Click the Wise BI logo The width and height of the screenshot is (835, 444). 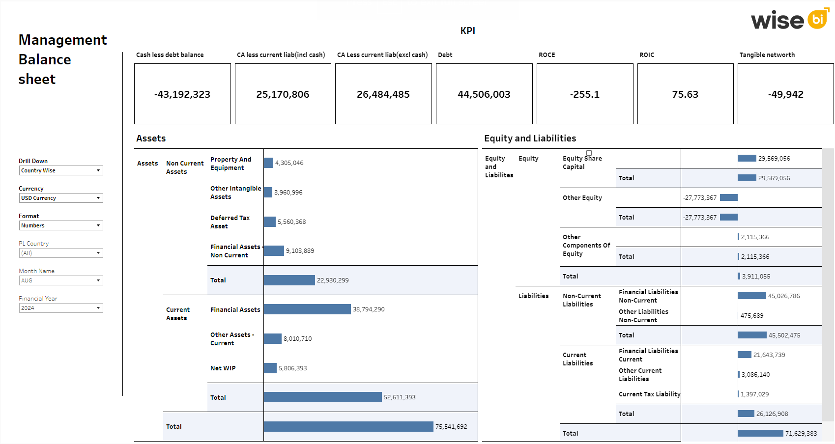coord(789,20)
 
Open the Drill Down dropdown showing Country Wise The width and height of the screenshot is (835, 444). coord(61,170)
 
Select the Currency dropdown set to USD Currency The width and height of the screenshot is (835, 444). coord(61,198)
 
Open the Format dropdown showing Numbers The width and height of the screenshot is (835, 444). coord(61,225)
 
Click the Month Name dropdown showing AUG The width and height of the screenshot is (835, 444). coord(61,280)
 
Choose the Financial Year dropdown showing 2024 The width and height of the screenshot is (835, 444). coord(61,308)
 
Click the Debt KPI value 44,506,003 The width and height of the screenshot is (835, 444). coord(484,94)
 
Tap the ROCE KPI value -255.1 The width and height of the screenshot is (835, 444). coord(584,94)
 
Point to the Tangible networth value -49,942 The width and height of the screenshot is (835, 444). coord(785,94)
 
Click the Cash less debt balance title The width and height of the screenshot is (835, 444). coord(170,55)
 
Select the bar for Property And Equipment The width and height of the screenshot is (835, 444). coord(268,163)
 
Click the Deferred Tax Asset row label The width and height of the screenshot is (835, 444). coord(230,222)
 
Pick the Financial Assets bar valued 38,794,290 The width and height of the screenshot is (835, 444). coord(307,309)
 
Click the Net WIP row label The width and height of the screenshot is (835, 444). coord(223,368)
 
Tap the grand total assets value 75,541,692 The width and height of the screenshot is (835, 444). coord(451,426)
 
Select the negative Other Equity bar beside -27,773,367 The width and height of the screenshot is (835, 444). coord(729,197)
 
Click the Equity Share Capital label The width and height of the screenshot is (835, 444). coord(582,163)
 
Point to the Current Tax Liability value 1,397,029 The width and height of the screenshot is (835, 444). coord(754,394)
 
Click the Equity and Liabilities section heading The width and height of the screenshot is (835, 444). coord(530,139)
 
